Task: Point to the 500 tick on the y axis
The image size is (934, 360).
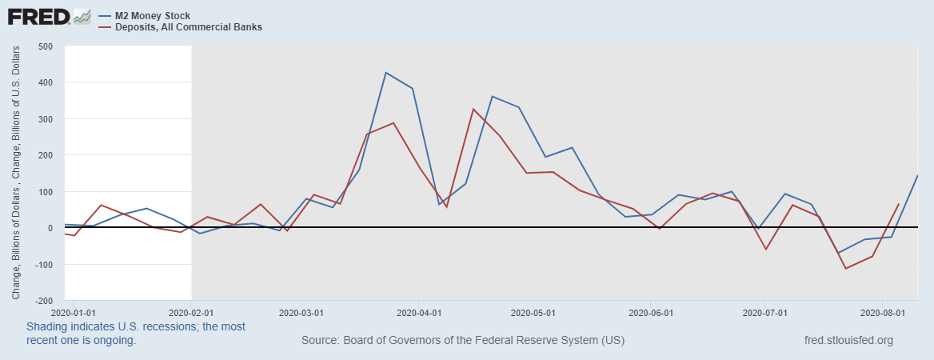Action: tap(46, 46)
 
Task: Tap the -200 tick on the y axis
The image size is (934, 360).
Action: tap(44, 301)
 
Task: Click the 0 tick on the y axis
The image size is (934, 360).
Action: tap(50, 228)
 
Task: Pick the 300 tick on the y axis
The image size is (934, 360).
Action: tap(46, 119)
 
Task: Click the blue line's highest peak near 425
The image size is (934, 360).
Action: tap(385, 73)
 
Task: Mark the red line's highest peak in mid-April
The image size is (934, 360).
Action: tap(473, 109)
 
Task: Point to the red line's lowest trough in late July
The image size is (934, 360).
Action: tap(845, 268)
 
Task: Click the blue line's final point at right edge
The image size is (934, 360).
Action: tap(916, 176)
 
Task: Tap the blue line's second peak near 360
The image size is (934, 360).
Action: tap(492, 96)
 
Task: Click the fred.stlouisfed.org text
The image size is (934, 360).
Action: tap(848, 341)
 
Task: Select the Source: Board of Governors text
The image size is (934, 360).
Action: tap(463, 341)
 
